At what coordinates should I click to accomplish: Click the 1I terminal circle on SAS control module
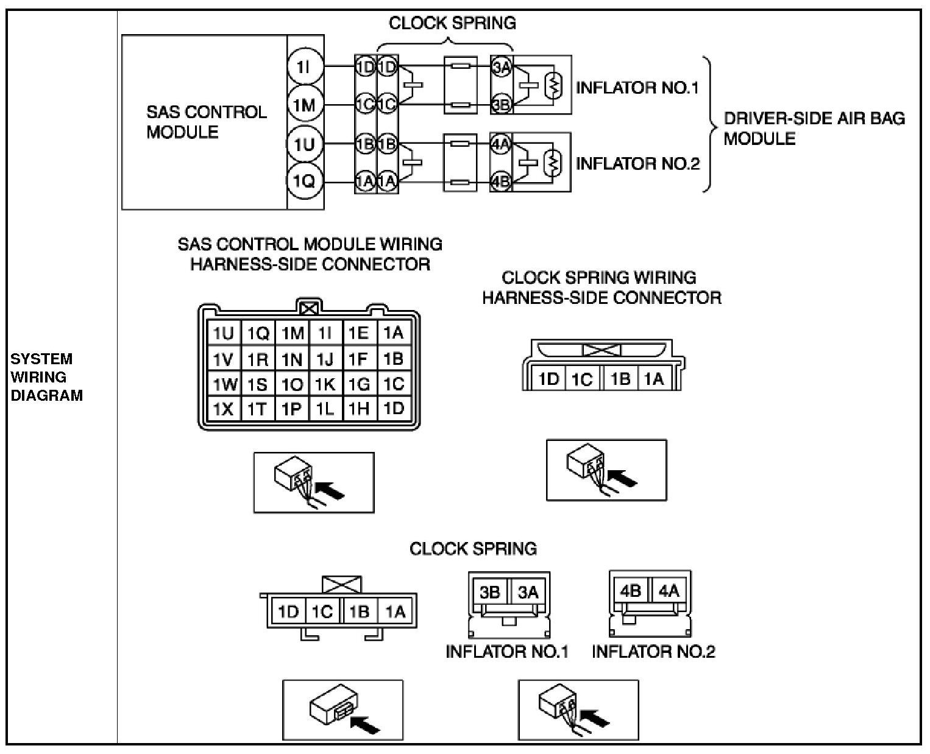303,68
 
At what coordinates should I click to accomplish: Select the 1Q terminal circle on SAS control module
303,181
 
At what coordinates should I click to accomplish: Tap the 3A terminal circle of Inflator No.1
501,68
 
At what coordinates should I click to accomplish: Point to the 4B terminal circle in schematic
501,181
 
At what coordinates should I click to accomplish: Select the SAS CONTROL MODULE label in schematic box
206,122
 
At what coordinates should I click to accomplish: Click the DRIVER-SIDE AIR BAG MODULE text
814,128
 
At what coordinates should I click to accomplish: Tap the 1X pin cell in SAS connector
224,409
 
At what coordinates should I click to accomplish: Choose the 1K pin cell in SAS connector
325,384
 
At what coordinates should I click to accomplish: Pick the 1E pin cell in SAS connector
358,333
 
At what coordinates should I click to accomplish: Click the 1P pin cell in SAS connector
291,409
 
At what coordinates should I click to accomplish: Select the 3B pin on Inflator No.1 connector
490,592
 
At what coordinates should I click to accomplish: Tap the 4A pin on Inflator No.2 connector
669,591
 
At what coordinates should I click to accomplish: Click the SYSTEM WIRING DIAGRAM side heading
46,377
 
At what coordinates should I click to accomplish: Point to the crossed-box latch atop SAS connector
309,309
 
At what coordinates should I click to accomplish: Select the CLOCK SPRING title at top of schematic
452,23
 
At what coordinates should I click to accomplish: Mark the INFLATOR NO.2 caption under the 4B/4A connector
653,652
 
